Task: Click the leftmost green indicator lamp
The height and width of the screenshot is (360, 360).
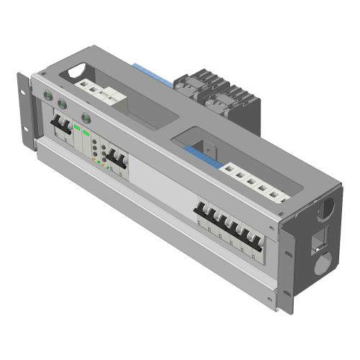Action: [48, 96]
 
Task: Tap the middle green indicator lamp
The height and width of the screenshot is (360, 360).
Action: [62, 104]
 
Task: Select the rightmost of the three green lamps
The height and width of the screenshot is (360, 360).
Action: [87, 117]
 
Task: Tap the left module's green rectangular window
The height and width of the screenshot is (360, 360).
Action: [77, 127]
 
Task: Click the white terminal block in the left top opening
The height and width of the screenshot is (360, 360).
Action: [101, 91]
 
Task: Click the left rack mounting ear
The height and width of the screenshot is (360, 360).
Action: [27, 115]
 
